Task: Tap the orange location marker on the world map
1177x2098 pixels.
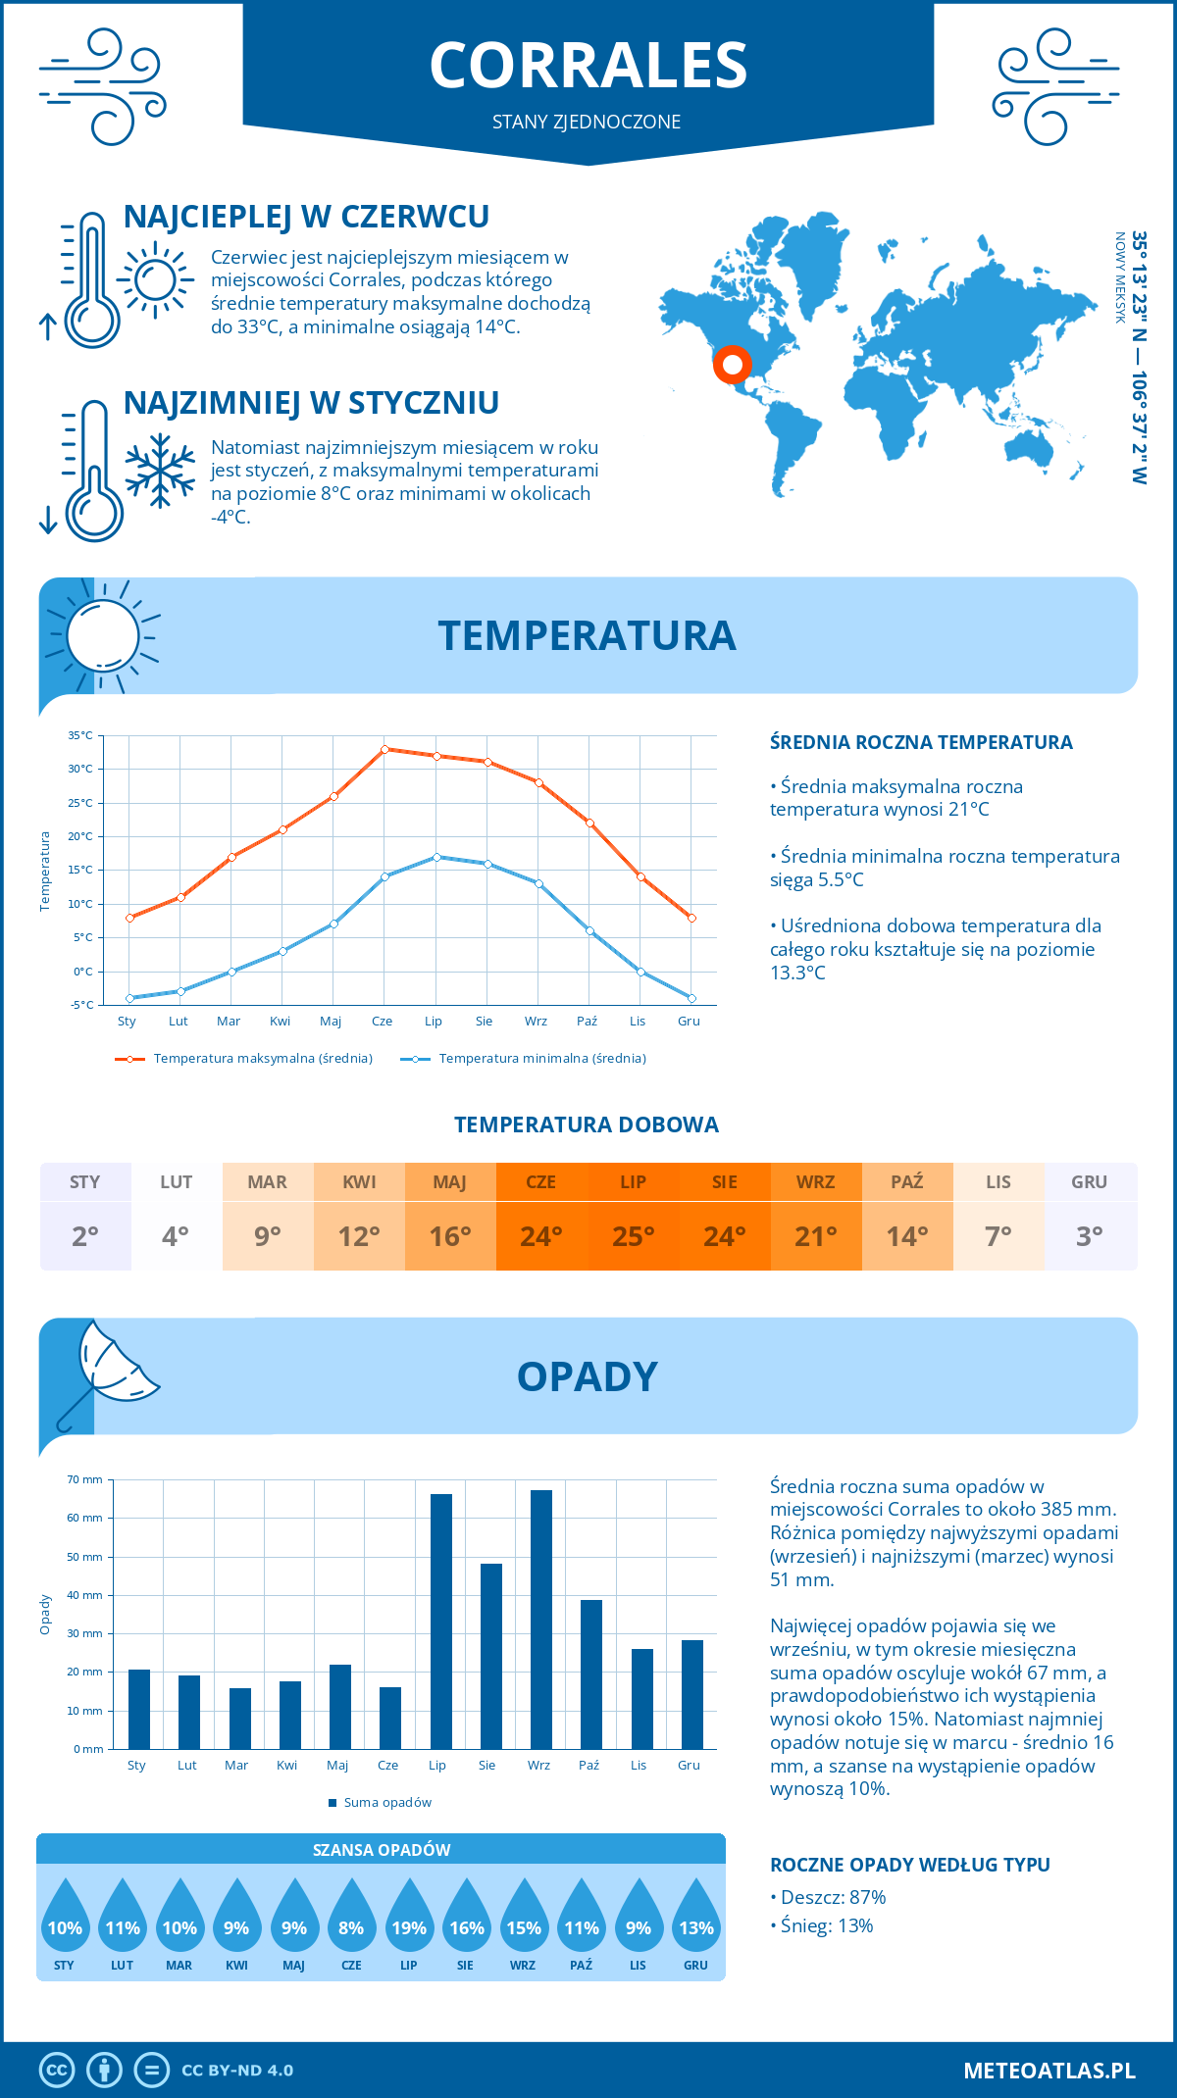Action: (x=732, y=365)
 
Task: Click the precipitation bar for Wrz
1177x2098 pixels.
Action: (x=541, y=1620)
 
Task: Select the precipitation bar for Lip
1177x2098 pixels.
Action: (x=441, y=1622)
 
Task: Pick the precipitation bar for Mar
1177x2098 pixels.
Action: (x=240, y=1719)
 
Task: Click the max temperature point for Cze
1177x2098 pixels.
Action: (x=384, y=749)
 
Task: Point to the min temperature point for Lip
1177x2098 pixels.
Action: (x=437, y=857)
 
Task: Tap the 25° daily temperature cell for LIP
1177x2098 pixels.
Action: (x=633, y=1236)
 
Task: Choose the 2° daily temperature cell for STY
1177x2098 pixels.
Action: (x=85, y=1236)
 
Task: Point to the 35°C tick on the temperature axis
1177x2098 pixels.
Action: (x=80, y=735)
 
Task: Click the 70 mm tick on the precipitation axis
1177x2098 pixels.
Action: (x=85, y=1479)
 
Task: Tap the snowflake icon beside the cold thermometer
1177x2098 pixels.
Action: (x=160, y=471)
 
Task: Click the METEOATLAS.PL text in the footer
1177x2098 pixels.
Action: (x=1049, y=2071)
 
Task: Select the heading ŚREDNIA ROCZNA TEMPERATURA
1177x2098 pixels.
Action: (x=921, y=743)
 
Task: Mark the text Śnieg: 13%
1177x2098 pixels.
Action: (x=826, y=1925)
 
